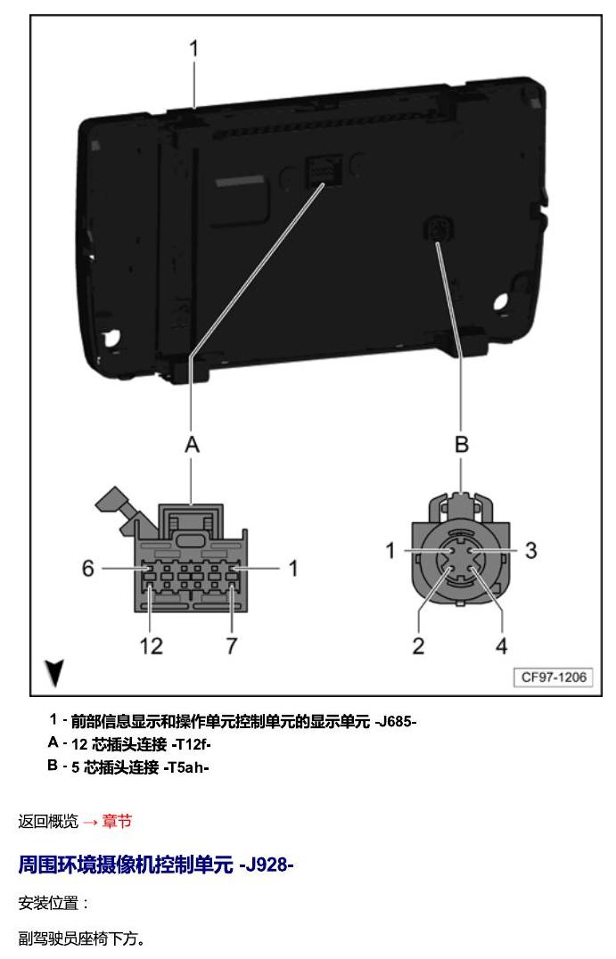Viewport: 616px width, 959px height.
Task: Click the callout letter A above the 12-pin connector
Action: click(192, 445)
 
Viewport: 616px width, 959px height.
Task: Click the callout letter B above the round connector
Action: click(462, 444)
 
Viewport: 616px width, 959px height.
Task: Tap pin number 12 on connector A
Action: click(151, 646)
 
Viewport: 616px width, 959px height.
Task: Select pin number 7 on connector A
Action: click(231, 646)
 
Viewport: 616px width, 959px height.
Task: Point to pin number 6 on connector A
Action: click(88, 569)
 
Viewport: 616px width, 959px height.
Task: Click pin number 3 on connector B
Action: click(531, 550)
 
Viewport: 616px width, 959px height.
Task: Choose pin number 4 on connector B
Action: click(502, 646)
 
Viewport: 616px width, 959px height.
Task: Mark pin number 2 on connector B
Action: click(418, 646)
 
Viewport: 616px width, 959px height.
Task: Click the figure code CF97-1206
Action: click(553, 677)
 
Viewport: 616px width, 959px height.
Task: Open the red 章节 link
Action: click(117, 821)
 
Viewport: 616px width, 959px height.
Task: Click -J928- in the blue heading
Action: click(266, 865)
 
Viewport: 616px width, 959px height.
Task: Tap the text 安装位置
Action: click(48, 903)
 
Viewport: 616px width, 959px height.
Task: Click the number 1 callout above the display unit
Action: click(194, 48)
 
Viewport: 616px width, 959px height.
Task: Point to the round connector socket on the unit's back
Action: click(439, 229)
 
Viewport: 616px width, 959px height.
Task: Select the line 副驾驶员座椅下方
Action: click(82, 939)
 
